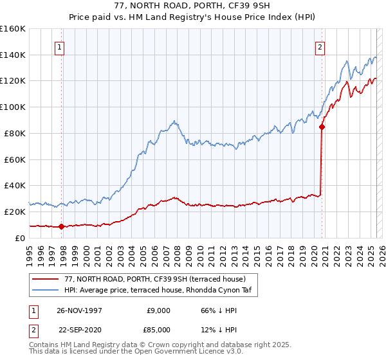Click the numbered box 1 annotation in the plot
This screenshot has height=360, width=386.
(x=59, y=46)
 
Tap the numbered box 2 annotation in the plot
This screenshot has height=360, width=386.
(x=320, y=46)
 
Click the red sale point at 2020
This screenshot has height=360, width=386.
(x=322, y=127)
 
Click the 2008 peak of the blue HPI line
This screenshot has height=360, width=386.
(x=174, y=120)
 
